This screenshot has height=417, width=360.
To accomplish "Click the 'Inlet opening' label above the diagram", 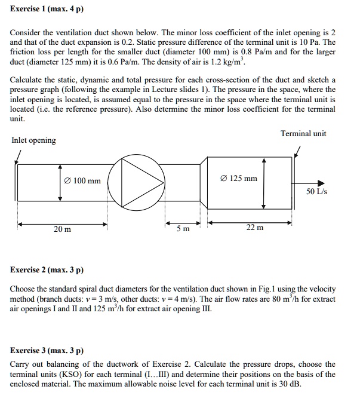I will [33, 140].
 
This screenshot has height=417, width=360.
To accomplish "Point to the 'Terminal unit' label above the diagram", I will [303, 133].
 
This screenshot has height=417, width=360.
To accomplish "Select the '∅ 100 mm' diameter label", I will [83, 181].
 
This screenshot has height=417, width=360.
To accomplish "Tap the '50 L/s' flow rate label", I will [317, 192].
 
